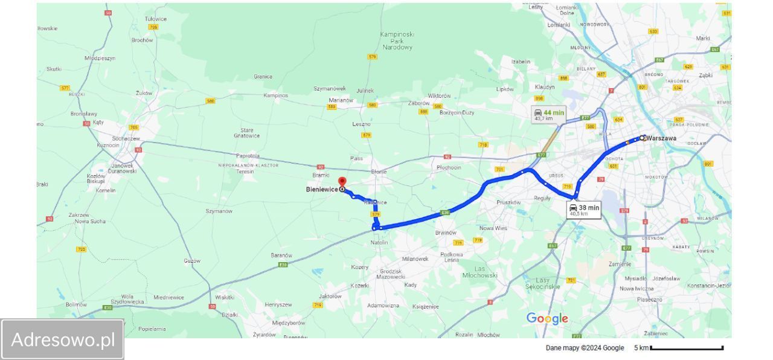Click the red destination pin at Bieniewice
(342, 182)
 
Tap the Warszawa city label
(662, 138)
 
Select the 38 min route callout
(584, 210)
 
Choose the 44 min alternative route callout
(548, 115)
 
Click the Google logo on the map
(547, 318)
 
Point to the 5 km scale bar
(687, 348)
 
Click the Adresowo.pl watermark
(63, 339)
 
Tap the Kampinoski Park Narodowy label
(397, 40)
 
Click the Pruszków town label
(508, 202)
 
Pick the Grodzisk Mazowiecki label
(390, 274)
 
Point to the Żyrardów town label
(265, 334)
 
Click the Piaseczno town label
(650, 299)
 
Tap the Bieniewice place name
(322, 190)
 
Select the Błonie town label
(379, 172)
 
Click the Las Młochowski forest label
(480, 272)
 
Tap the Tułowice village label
(155, 19)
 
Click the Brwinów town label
(446, 233)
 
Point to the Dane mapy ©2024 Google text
(585, 348)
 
